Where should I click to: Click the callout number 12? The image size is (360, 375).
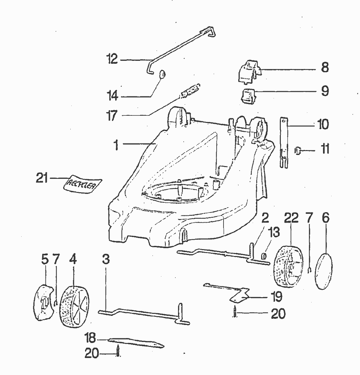click(112, 60)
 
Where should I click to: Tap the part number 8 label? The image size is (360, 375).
click(324, 68)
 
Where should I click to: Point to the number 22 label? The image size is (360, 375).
click(291, 218)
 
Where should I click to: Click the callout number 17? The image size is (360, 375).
click(112, 115)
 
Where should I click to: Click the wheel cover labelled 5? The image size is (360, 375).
click(43, 301)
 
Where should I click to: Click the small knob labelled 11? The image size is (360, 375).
click(297, 151)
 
